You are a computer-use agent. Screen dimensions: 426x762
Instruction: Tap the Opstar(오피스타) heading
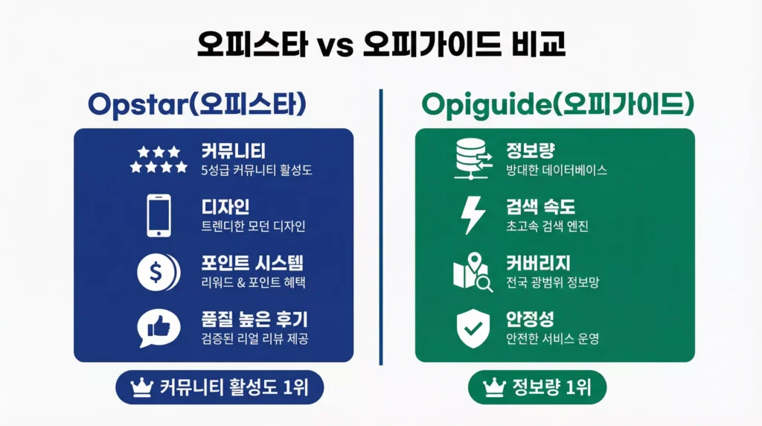coord(196,104)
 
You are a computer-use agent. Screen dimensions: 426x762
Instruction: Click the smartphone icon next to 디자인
coord(159,216)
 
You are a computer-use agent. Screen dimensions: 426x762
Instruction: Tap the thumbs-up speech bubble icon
coord(159,328)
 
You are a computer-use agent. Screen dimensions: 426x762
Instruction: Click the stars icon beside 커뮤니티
coord(159,159)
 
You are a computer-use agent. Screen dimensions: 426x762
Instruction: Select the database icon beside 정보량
coord(473,159)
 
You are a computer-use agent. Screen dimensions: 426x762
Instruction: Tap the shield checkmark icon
coord(473,328)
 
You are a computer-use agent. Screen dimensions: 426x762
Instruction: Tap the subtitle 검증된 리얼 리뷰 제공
coord(254,339)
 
